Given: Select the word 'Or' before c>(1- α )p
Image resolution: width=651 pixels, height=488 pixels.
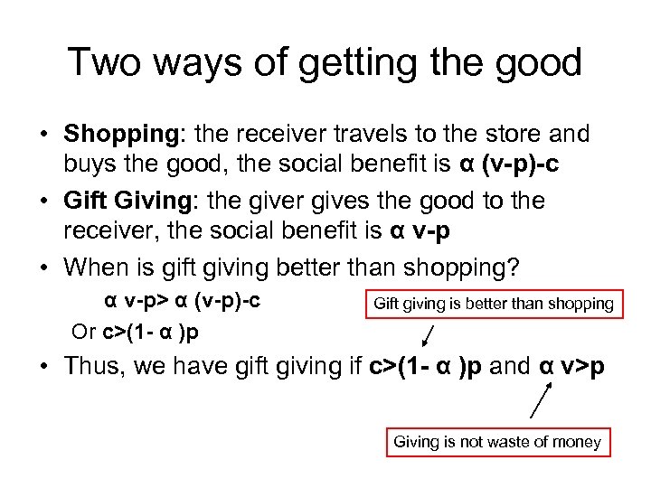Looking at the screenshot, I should click(x=83, y=331).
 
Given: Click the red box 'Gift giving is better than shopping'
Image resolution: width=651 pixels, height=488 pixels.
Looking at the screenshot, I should click(x=494, y=304).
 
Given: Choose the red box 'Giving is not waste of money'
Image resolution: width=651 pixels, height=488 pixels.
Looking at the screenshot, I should click(x=496, y=442).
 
